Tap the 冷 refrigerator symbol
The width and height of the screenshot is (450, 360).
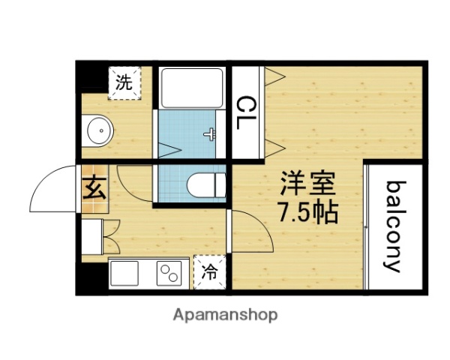[209, 271]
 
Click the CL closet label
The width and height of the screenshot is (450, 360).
[247, 112]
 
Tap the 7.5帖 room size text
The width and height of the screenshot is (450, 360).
[308, 212]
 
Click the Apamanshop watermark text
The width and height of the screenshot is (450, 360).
[226, 314]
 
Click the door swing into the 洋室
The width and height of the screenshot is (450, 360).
[251, 232]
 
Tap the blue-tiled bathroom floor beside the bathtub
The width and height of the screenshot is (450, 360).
[184, 133]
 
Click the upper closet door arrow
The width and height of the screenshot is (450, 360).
[274, 74]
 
